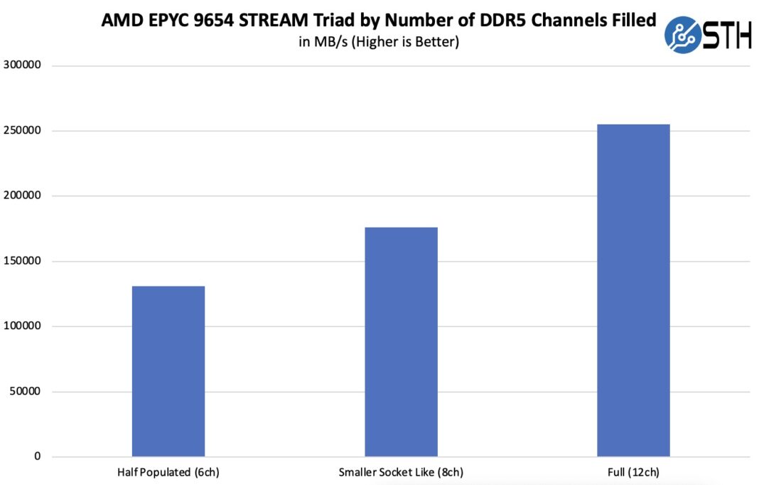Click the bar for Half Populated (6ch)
[168, 371]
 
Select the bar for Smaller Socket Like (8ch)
[401, 341]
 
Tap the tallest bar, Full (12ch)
[633, 290]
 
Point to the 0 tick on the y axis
[38, 457]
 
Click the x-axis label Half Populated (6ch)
[168, 472]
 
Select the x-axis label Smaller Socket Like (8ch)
[401, 472]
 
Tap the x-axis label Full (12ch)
[633, 472]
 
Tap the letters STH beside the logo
[726, 35]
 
